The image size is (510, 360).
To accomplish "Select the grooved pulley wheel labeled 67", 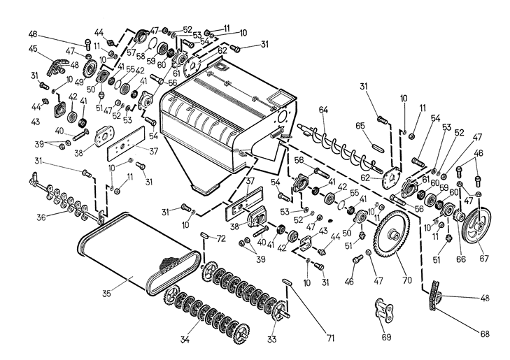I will pyautogui.click(x=479, y=226).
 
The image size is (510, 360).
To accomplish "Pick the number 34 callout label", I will pyautogui.click(x=185, y=340).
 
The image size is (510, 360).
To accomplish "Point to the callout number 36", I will pyautogui.click(x=41, y=217).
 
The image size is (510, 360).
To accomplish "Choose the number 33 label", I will pyautogui.click(x=273, y=339).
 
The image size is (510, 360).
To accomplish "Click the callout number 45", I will pyautogui.click(x=33, y=48).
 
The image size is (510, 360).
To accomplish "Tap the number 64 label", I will pyautogui.click(x=323, y=109).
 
